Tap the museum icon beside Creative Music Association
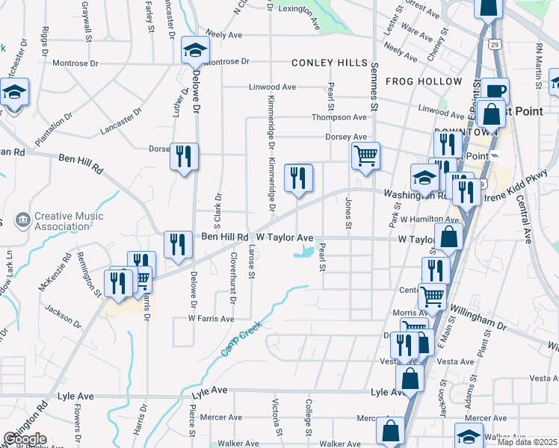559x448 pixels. (22, 221)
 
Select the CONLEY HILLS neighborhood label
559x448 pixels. (330, 63)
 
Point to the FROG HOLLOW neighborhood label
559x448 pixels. (424, 81)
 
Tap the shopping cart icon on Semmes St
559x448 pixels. (365, 156)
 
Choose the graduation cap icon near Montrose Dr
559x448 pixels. (195, 50)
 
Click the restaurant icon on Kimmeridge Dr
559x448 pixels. (298, 177)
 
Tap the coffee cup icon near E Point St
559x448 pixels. (494, 91)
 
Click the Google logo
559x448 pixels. (24, 438)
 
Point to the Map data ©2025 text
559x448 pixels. (527, 442)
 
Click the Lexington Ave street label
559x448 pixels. (298, 9)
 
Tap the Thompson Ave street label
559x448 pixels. (339, 117)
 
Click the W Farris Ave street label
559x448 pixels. (211, 318)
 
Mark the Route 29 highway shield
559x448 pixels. (495, 45)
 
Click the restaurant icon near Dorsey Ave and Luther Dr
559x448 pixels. (183, 157)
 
